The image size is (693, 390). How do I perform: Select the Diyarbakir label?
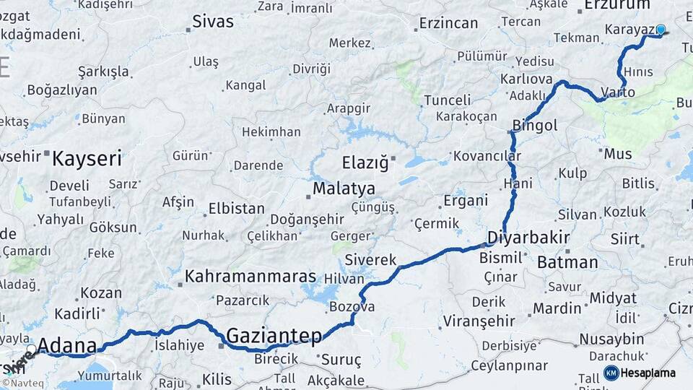(x=528, y=238)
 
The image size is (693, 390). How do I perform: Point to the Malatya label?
(x=344, y=189)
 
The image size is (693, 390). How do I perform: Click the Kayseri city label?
(x=87, y=159)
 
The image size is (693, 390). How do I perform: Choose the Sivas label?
(x=213, y=22)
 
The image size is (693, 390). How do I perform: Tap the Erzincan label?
(x=448, y=23)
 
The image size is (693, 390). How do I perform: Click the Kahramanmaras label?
(x=250, y=277)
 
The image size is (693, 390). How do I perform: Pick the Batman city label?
(x=567, y=262)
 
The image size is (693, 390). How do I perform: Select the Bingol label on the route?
(x=535, y=126)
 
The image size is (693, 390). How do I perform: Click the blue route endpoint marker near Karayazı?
(x=660, y=30)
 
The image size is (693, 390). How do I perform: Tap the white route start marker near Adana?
(x=31, y=350)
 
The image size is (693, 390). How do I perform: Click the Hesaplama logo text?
(x=648, y=373)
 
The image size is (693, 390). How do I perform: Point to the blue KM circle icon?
(x=611, y=373)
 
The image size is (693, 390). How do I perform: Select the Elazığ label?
(x=365, y=162)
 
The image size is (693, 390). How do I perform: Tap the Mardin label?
(x=557, y=308)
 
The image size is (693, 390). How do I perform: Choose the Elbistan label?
(x=236, y=209)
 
